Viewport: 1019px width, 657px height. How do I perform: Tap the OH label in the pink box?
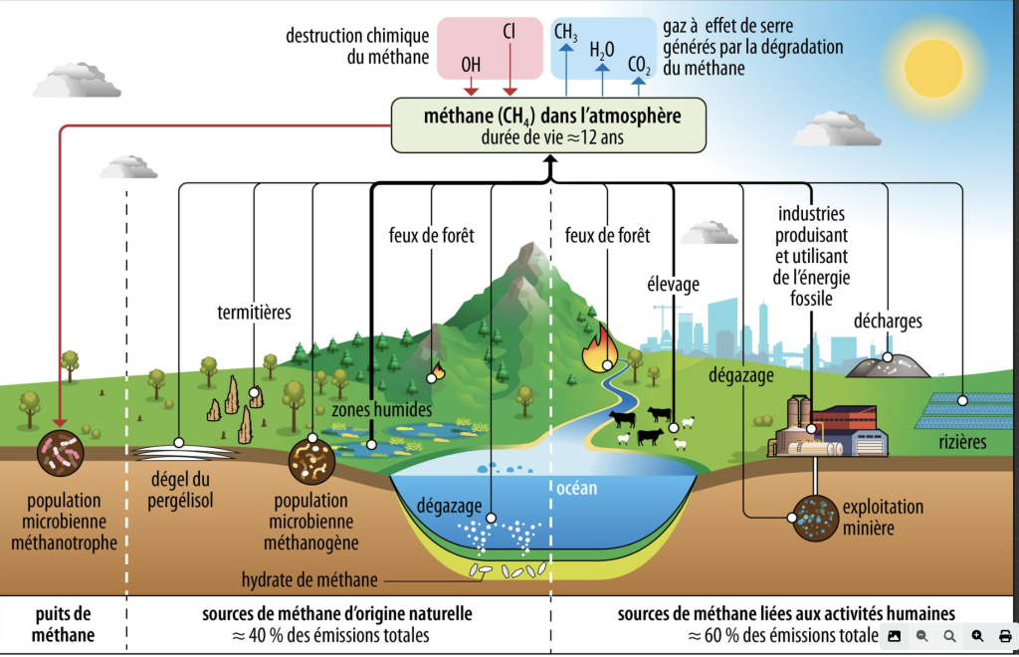(x=471, y=65)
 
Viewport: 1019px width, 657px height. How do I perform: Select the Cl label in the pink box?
(x=509, y=34)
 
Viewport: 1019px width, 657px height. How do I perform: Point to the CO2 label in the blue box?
(x=639, y=65)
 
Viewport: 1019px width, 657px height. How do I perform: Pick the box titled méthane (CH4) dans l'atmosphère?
(x=549, y=124)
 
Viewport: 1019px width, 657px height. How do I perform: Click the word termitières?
(x=254, y=313)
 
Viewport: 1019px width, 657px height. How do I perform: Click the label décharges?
(x=888, y=322)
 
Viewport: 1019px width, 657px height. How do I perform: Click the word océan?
(x=575, y=487)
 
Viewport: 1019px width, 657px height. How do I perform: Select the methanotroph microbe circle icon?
(x=61, y=453)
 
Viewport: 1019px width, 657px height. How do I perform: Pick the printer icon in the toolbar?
(x=1004, y=635)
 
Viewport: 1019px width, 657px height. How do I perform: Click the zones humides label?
(x=381, y=409)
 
